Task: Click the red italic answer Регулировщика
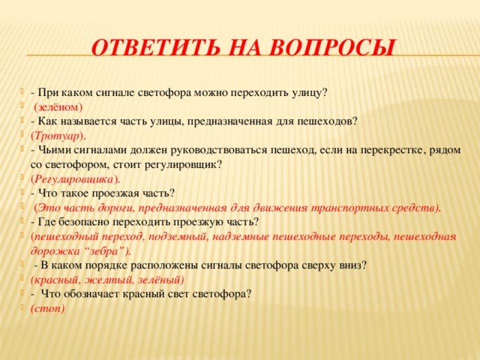click(x=74, y=178)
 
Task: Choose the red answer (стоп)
click(x=47, y=307)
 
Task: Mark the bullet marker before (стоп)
click(x=25, y=308)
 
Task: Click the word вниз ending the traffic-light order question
click(x=352, y=265)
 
